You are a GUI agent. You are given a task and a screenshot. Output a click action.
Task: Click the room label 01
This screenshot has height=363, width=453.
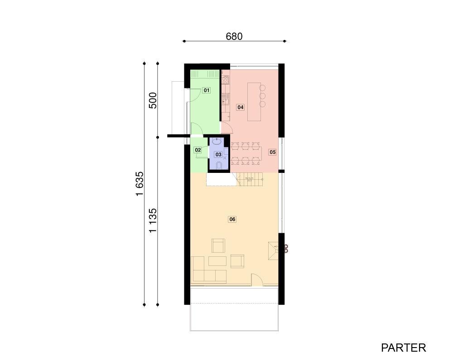click(x=206, y=90)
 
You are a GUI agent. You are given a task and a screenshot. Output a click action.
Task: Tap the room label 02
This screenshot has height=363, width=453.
click(x=198, y=150)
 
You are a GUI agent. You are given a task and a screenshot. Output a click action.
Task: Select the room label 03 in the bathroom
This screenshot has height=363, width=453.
click(x=218, y=155)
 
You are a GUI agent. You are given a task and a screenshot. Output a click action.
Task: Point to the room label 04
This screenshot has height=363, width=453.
click(x=241, y=107)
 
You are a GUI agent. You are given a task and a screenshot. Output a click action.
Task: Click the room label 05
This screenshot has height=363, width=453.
click(x=272, y=152)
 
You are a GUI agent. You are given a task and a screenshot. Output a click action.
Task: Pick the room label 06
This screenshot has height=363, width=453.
click(x=232, y=219)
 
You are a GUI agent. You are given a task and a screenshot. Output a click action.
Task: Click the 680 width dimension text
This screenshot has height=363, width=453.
click(x=234, y=36)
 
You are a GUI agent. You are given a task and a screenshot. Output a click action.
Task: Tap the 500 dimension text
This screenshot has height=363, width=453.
click(x=153, y=100)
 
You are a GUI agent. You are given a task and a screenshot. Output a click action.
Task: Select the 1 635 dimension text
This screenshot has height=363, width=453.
click(x=140, y=184)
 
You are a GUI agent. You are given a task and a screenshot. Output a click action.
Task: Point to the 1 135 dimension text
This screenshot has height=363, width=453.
click(x=153, y=221)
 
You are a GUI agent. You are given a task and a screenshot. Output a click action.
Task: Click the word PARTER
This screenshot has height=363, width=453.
click(x=404, y=348)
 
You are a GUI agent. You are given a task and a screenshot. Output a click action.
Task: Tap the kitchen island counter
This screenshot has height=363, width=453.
click(x=254, y=102)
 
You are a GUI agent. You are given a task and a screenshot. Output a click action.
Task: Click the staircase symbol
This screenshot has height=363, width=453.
click(x=250, y=179)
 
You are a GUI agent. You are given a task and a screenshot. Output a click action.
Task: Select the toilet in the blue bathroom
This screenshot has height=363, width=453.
click(x=219, y=165)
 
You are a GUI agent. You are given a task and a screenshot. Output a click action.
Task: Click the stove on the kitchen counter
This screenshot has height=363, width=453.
click(x=225, y=79)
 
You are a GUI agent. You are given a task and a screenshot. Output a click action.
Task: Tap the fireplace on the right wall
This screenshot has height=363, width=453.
click(x=273, y=250)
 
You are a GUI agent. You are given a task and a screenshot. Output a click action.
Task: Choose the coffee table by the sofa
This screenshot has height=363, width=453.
click(x=217, y=261)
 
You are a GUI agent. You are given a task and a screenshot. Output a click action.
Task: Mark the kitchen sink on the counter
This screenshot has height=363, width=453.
click(x=225, y=101)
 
